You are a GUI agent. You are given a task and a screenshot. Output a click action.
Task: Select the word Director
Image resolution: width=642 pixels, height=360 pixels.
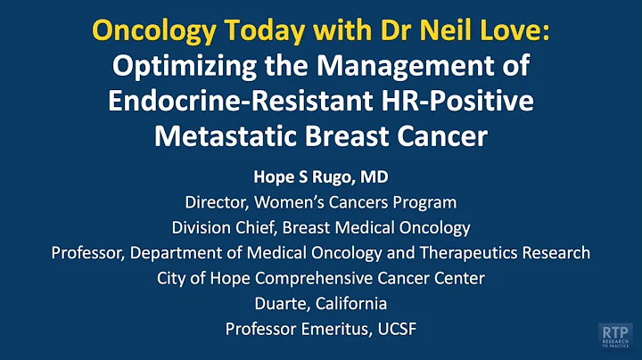218,203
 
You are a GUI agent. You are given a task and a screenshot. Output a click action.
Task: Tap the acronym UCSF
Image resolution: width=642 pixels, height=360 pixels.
396,328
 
